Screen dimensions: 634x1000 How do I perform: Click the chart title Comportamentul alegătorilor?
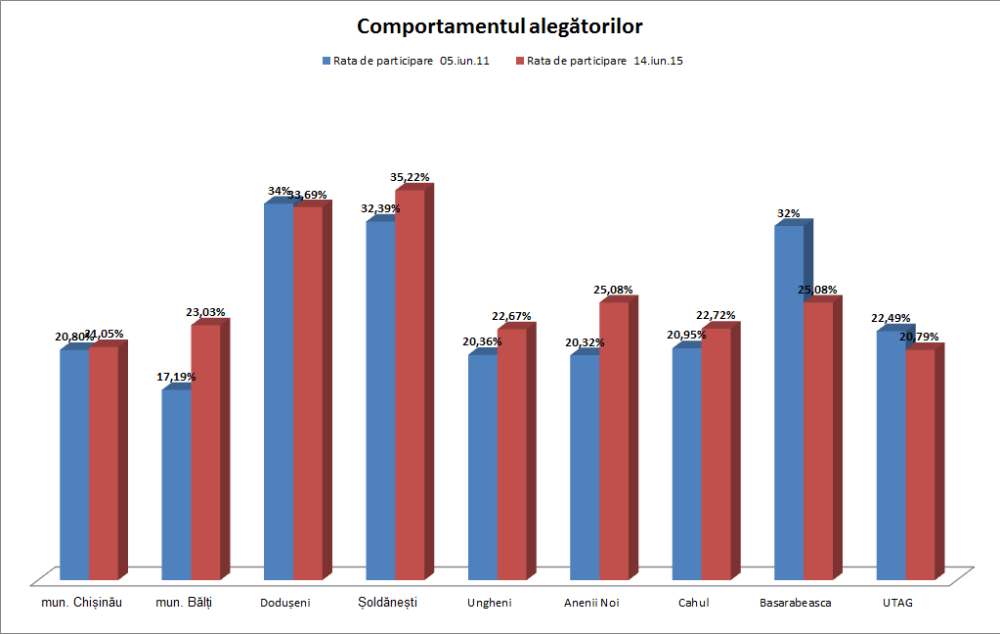(x=500, y=25)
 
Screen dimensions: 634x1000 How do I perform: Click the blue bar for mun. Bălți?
(x=176, y=484)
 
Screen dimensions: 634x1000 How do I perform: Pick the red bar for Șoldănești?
(x=410, y=382)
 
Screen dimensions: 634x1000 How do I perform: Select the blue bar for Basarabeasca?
(x=789, y=401)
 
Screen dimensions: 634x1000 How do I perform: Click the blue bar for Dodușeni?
(x=278, y=391)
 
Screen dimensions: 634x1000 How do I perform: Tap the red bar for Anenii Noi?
(x=614, y=440)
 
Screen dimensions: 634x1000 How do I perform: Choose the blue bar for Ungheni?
(x=483, y=466)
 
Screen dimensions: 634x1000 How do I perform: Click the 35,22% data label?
(x=410, y=177)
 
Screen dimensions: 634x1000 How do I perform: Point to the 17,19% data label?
(x=176, y=376)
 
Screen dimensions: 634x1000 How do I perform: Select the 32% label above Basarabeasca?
(x=789, y=212)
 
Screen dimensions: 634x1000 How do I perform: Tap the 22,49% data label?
(x=891, y=318)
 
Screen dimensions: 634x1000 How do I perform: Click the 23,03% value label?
(x=205, y=312)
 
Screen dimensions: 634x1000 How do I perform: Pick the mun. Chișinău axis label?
(x=81, y=602)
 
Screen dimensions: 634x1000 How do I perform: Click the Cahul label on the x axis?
(x=693, y=603)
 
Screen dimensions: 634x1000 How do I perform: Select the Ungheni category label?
(x=489, y=603)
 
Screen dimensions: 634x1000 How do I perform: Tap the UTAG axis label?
(x=897, y=603)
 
